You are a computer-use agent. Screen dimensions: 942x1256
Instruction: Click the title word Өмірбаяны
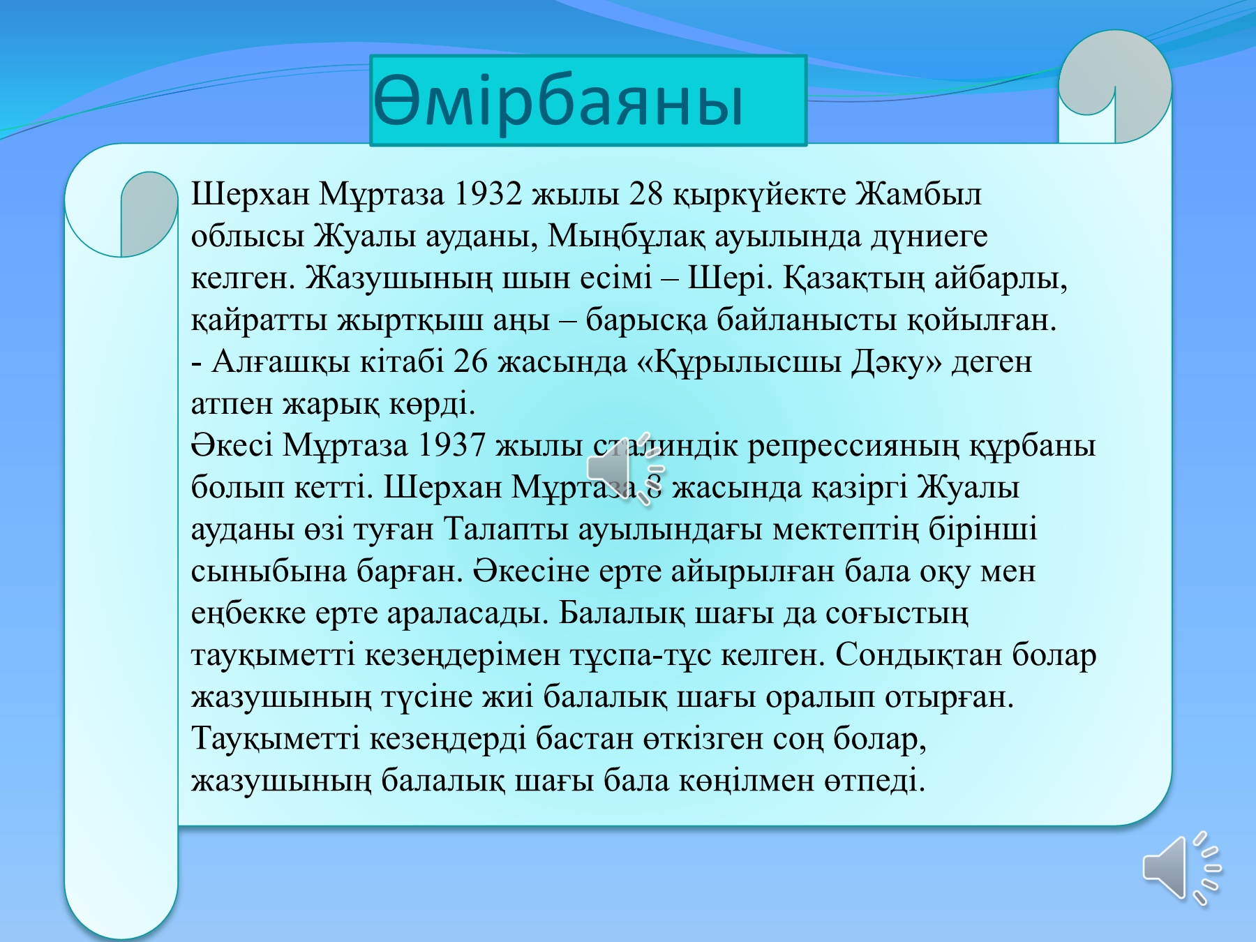tap(558, 102)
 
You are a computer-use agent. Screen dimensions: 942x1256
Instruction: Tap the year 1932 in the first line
tap(487, 194)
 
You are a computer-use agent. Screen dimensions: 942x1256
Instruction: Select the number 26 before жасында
tap(470, 361)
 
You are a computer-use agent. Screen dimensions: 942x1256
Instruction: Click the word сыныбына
tap(269, 571)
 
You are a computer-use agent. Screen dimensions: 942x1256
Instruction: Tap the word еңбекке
tap(248, 613)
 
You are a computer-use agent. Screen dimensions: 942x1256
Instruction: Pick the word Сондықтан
tap(918, 655)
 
